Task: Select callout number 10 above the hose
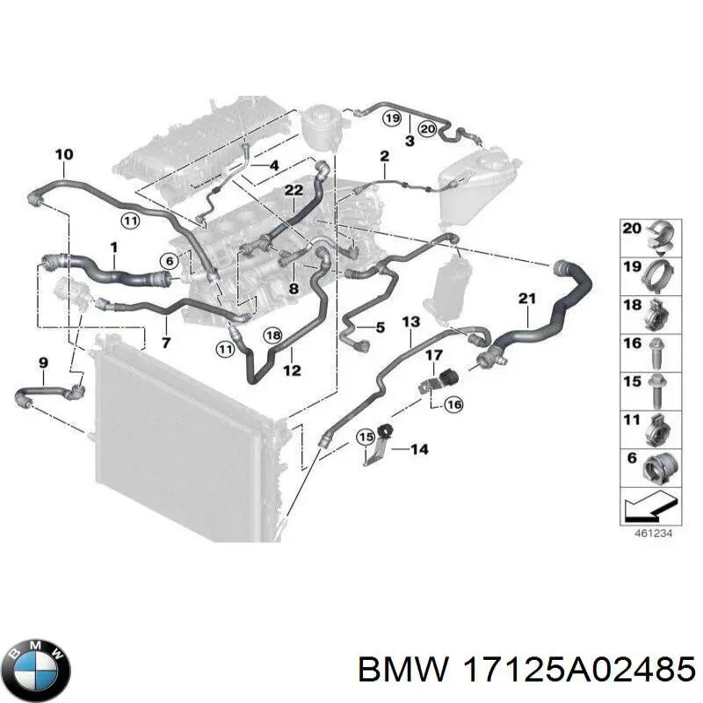pos(64,156)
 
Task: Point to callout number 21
pos(526,300)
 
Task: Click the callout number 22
pos(293,191)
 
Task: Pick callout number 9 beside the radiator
pos(43,362)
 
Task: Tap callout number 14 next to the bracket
pos(419,450)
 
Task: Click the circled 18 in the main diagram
pos(272,335)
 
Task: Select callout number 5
pos(380,328)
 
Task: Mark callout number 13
pos(410,322)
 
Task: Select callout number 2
pos(384,156)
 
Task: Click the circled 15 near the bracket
pos(365,437)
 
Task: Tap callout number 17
pos(433,355)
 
